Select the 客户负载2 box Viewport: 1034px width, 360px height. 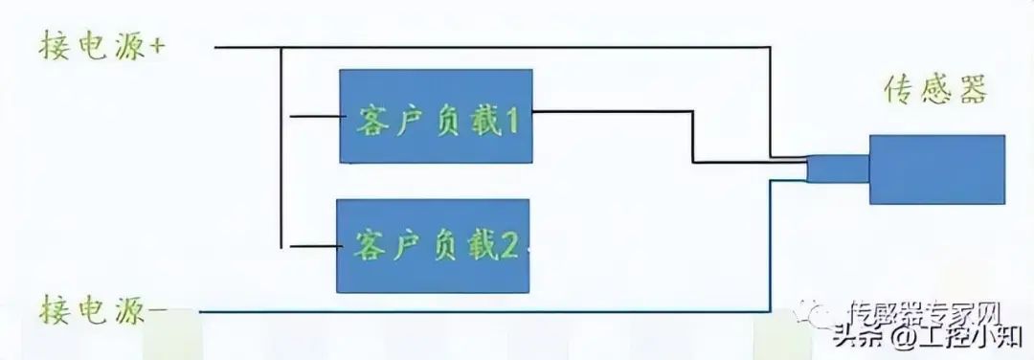click(x=432, y=245)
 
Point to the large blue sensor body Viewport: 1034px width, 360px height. click(x=936, y=169)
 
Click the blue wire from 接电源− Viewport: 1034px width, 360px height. click(x=479, y=312)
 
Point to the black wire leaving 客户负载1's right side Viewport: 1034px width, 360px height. click(x=613, y=113)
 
